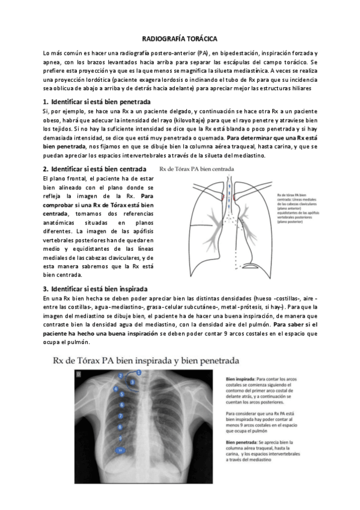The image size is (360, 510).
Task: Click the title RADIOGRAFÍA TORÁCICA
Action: pyautogui.click(x=180, y=37)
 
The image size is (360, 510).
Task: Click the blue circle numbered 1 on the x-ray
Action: pyautogui.click(x=139, y=373)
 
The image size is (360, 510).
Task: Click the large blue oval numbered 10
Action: pyautogui.click(x=122, y=449)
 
